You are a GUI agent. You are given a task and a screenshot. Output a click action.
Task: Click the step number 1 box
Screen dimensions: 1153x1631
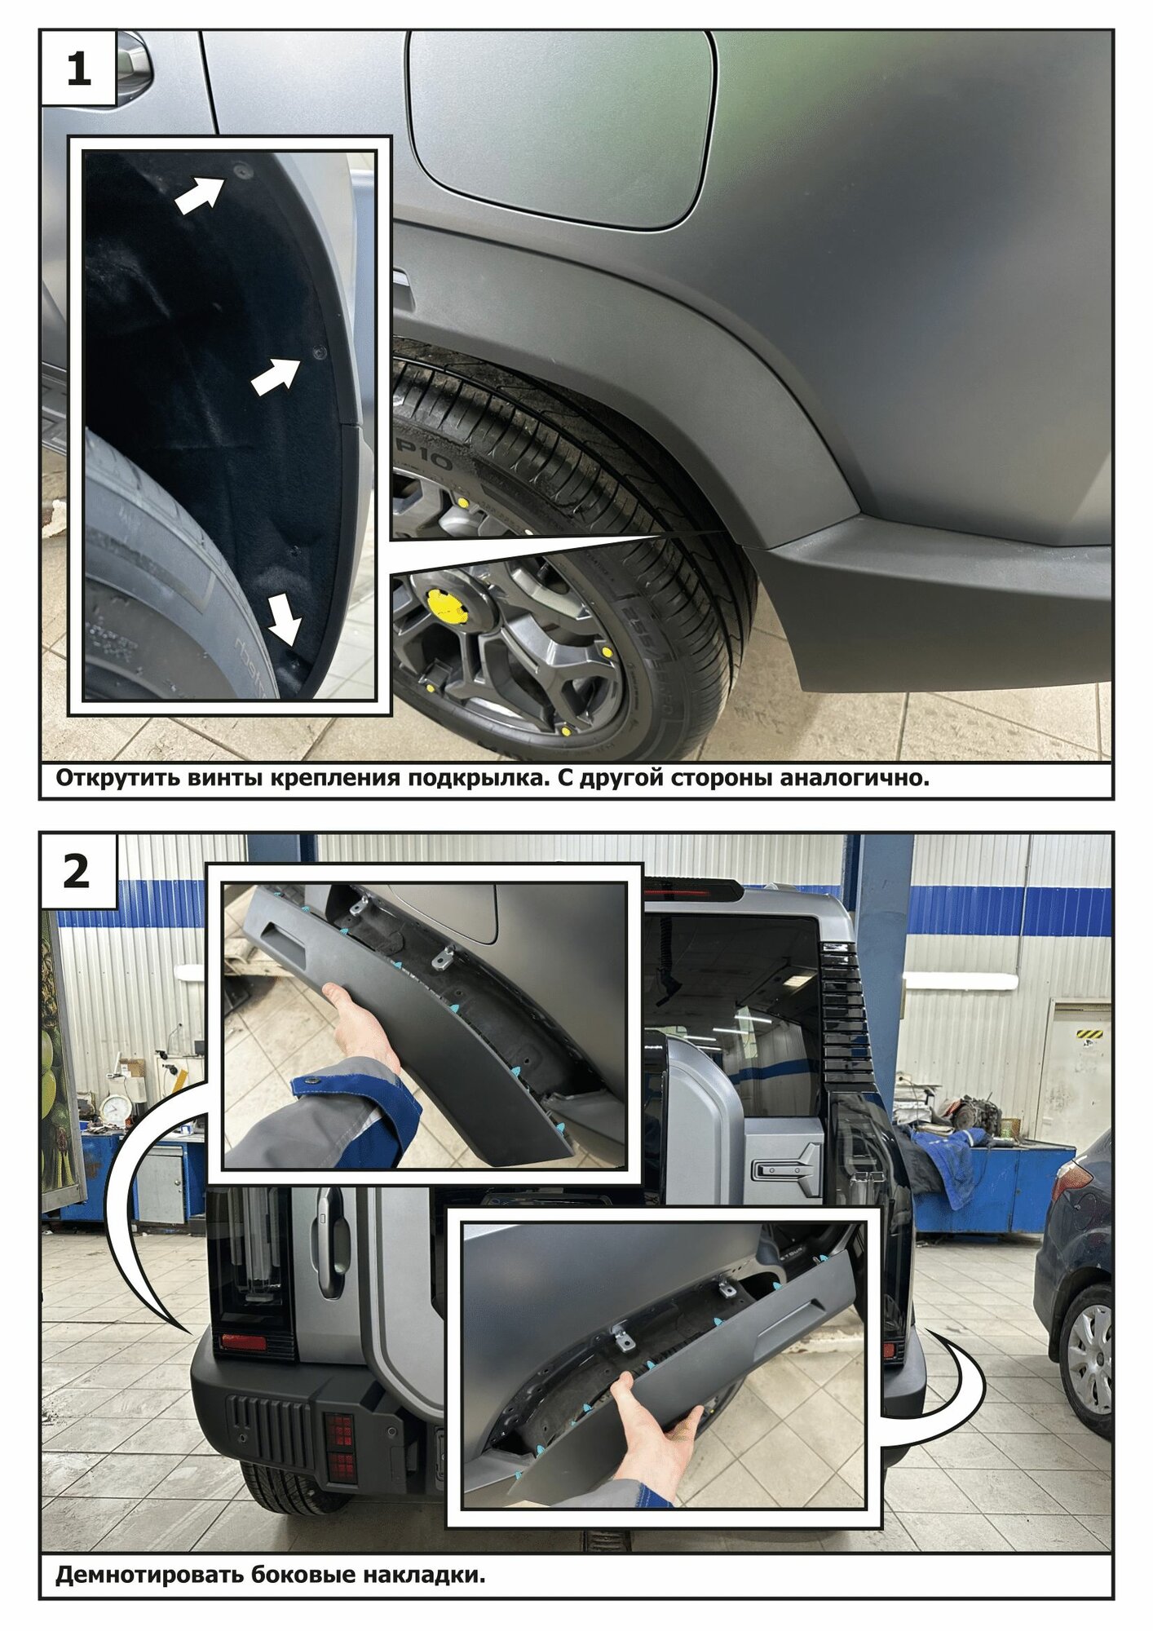coord(78,69)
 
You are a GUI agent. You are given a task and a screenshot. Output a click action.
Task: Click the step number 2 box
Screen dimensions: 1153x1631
coord(78,871)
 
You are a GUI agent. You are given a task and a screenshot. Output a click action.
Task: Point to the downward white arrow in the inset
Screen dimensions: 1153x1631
coord(285,620)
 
